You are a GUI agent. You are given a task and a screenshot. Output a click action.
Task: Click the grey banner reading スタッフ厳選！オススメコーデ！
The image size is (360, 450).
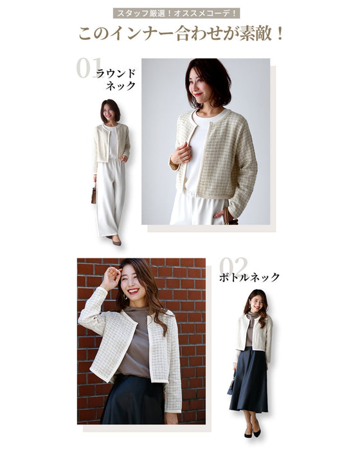(x=176, y=14)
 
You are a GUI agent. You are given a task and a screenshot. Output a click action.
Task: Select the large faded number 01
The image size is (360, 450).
(x=89, y=68)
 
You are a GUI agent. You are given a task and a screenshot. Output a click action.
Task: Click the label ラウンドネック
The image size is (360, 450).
(x=116, y=80)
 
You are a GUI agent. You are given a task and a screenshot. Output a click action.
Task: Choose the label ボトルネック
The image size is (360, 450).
(x=249, y=278)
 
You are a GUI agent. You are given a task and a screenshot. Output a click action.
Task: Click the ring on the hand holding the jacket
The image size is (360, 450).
(x=186, y=158)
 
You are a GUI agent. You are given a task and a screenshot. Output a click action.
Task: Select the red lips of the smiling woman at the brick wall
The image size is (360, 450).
(x=133, y=291)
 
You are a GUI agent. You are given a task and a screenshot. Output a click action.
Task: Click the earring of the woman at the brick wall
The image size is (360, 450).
(x=125, y=298)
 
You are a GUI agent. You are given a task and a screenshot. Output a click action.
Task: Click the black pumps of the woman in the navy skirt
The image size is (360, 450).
(x=253, y=432)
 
